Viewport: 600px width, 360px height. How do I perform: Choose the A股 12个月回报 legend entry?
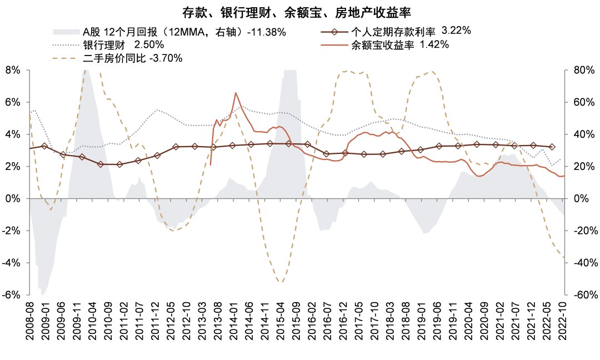click(x=184, y=32)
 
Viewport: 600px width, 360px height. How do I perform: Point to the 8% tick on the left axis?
click(x=12, y=70)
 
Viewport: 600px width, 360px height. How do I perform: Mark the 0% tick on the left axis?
click(x=12, y=198)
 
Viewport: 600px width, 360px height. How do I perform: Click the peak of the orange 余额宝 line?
click(x=236, y=93)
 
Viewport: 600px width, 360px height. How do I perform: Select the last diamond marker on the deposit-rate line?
click(x=552, y=147)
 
